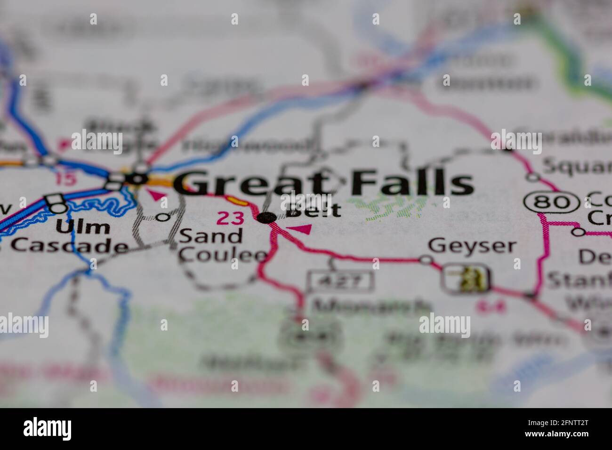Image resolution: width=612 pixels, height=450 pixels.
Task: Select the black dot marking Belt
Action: [267, 217]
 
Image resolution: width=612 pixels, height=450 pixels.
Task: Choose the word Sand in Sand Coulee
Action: [210, 236]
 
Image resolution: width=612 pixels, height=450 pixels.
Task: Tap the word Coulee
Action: [223, 255]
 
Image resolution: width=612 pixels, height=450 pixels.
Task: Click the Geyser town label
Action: [472, 246]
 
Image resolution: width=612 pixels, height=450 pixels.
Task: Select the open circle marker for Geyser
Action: [426, 259]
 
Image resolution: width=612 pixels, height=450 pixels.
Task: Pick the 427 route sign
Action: [340, 281]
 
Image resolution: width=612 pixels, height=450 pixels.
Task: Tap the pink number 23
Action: [230, 218]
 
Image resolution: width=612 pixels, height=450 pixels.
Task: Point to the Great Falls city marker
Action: [138, 178]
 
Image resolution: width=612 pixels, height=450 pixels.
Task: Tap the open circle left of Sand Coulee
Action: [163, 217]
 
